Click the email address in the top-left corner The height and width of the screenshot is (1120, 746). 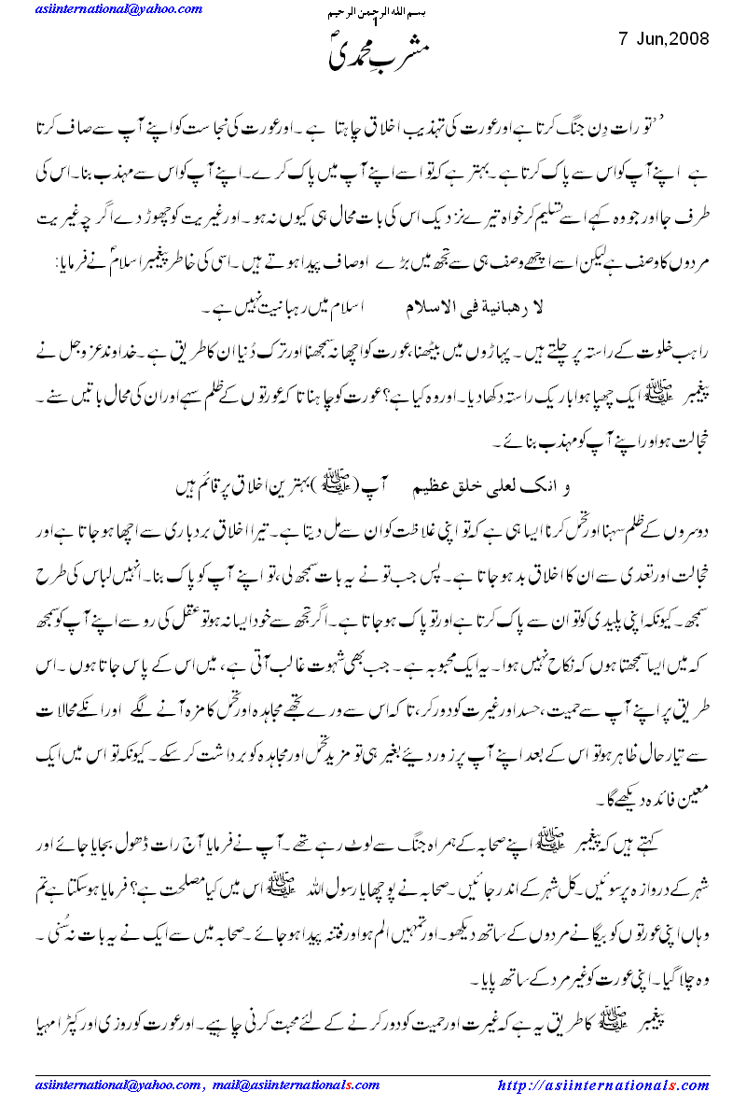pos(119,9)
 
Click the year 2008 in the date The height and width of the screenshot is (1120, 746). pos(689,39)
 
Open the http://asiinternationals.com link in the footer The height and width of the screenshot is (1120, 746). pos(603,1086)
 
